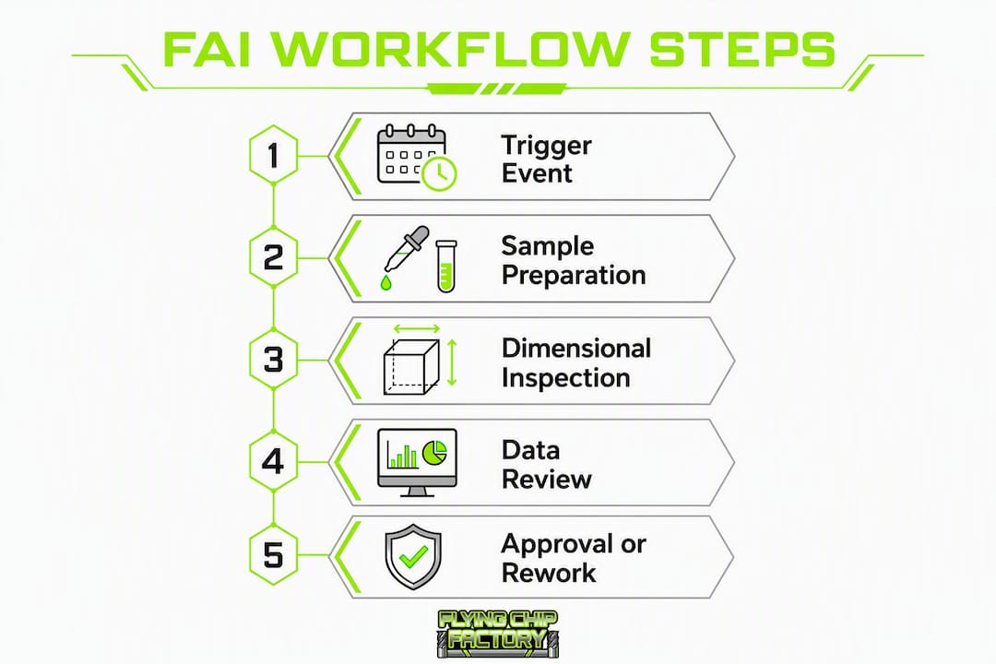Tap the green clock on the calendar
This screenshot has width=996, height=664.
[x=440, y=172]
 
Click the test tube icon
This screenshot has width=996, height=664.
[x=446, y=266]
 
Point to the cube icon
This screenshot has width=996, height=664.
[x=411, y=367]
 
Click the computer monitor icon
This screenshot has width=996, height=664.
[x=417, y=462]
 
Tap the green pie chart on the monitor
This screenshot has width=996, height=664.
[x=435, y=452]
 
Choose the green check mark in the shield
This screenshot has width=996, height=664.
[x=413, y=557]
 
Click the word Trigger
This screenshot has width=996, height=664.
[x=546, y=147]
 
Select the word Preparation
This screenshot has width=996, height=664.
[x=574, y=276]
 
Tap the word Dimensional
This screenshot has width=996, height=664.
[x=576, y=349]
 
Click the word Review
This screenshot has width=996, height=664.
[x=546, y=480]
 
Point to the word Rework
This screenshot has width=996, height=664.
[x=549, y=573]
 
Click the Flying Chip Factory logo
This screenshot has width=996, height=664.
[x=498, y=634]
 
